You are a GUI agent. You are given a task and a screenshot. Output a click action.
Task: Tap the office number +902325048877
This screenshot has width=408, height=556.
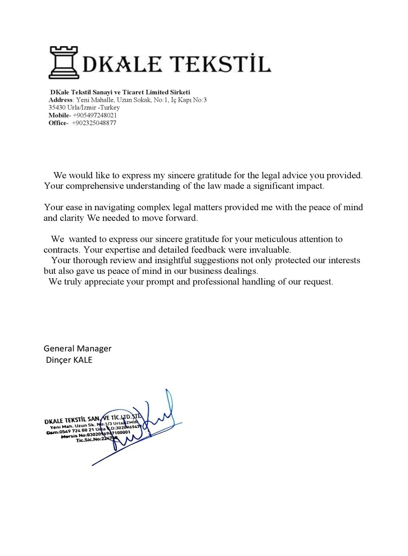point(94,123)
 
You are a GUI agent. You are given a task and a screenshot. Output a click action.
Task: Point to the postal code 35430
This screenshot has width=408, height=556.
point(57,107)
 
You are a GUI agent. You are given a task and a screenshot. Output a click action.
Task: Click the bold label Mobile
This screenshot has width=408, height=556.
point(59,115)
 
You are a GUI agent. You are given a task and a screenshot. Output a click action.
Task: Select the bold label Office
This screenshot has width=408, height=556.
point(57,123)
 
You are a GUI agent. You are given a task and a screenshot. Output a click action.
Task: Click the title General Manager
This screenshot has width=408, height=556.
point(78,349)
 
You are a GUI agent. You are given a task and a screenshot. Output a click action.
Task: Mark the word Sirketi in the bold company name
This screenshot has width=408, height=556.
point(178,92)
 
